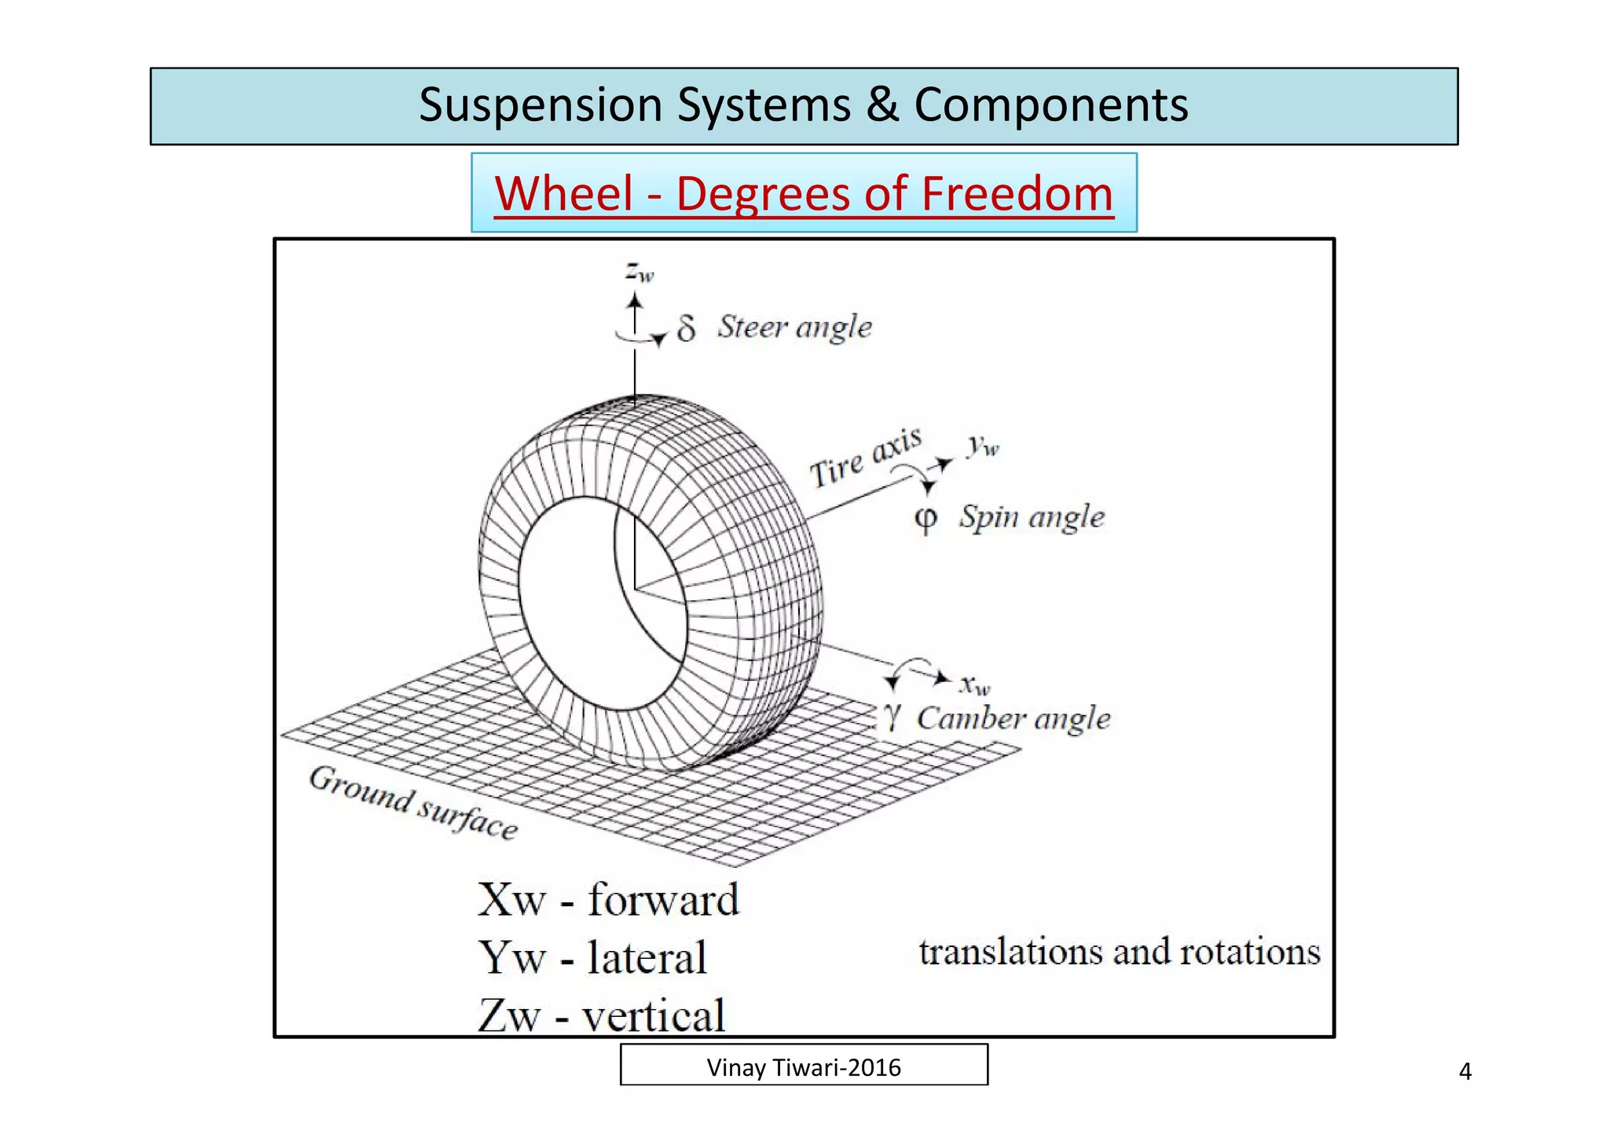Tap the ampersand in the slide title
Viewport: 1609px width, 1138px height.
(882, 105)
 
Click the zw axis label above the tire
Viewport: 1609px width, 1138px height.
(640, 272)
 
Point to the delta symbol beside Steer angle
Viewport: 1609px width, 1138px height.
(686, 329)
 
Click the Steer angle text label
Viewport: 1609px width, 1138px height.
(794, 327)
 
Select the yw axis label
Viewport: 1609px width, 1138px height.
(983, 446)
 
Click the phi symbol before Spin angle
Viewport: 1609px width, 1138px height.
(926, 519)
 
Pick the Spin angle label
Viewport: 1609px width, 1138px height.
(1032, 517)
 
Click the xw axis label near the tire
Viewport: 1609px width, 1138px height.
(975, 685)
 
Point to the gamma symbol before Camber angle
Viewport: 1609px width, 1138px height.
(892, 717)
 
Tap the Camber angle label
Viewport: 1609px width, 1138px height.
(1013, 718)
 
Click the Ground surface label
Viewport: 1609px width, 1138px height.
(413, 802)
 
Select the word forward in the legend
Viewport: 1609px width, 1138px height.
(664, 900)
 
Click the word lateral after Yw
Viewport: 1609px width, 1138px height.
(647, 958)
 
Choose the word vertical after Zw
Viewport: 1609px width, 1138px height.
(653, 1016)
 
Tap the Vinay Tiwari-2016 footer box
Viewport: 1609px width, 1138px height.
(804, 1066)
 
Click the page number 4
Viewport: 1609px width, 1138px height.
(1464, 1072)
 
